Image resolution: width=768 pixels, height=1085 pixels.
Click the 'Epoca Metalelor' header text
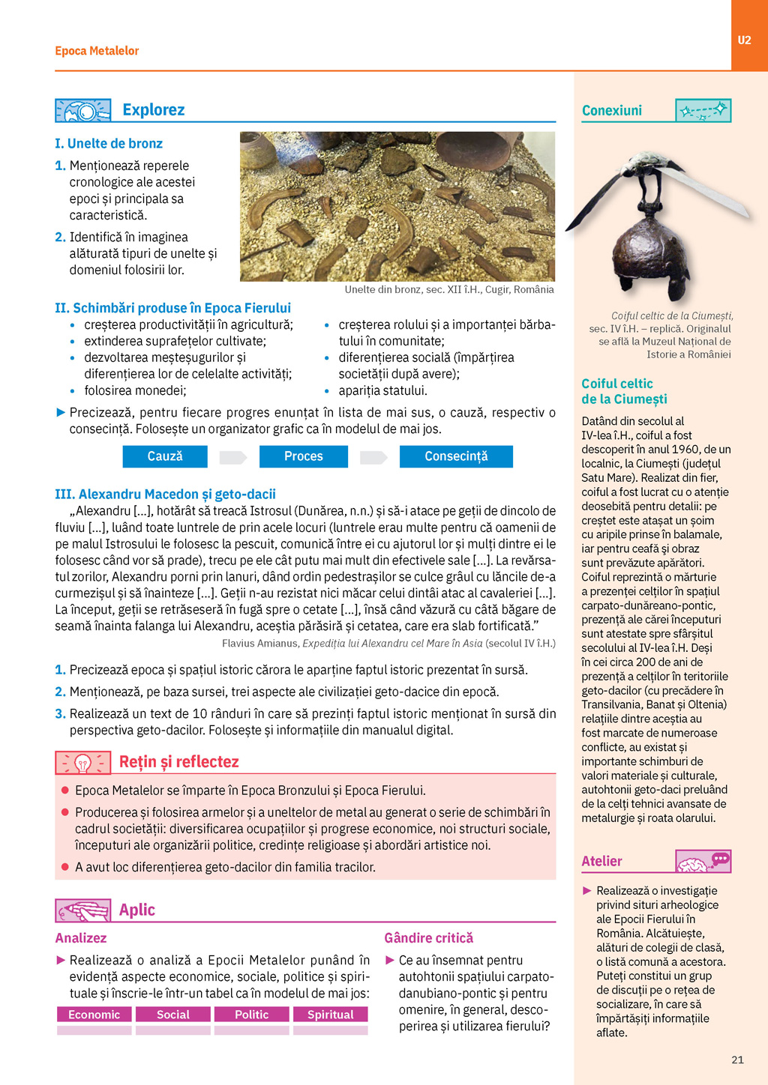click(x=97, y=51)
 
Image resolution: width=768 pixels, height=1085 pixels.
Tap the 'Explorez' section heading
click(x=153, y=110)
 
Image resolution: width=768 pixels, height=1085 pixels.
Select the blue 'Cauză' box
click(x=165, y=456)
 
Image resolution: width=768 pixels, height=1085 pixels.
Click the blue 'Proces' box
click(x=303, y=456)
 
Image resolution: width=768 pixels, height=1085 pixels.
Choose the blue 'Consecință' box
click(x=456, y=456)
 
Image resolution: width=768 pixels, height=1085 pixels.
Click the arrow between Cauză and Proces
click(x=232, y=457)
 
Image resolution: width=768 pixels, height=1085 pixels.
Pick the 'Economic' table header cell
click(x=94, y=1015)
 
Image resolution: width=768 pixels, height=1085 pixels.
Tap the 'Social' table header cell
click(x=173, y=1015)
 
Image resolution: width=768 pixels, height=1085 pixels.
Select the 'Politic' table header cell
click(x=252, y=1015)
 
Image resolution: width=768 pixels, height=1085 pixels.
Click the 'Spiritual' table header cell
click(x=331, y=1015)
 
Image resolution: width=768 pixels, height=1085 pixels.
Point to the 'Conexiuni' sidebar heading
click(x=612, y=111)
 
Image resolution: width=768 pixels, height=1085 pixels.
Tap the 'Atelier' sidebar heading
click(x=602, y=862)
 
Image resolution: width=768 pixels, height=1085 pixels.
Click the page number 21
click(x=737, y=1060)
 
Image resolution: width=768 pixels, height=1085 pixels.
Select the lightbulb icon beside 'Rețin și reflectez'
click(x=82, y=763)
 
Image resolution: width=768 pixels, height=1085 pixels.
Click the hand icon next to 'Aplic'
click(x=82, y=910)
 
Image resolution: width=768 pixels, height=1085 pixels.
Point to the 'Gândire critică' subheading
click(x=429, y=938)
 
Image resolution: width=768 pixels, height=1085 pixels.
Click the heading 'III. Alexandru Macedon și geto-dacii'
click(x=165, y=495)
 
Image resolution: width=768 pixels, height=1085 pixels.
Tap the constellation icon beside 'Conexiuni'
click(x=703, y=111)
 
